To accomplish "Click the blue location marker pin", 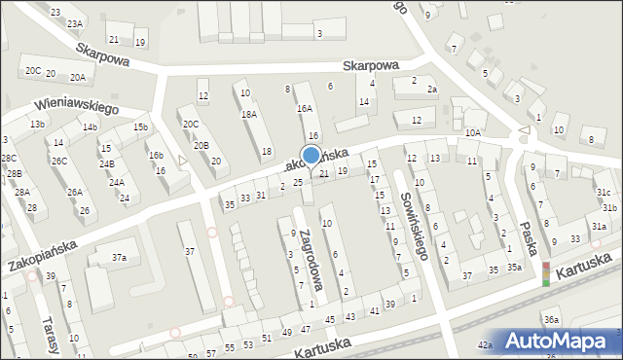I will (311, 155).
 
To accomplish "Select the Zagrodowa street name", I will (312, 261).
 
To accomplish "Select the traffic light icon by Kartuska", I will (545, 273).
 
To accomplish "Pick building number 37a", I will (119, 258).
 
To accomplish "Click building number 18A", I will (248, 114).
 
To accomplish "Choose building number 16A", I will (305, 109).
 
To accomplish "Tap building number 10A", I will (473, 132).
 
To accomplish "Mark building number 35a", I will (513, 268).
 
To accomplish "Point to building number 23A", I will (75, 22).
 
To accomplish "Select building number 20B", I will (201, 145).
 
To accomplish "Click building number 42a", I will (485, 344).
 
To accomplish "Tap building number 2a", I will (432, 90).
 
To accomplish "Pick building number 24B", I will (106, 163).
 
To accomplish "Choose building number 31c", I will (604, 192).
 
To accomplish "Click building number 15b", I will (141, 127).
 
